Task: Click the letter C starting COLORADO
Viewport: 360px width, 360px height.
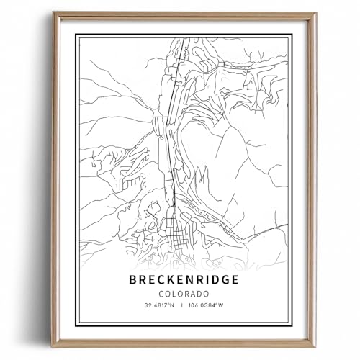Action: pyautogui.click(x=163, y=294)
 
